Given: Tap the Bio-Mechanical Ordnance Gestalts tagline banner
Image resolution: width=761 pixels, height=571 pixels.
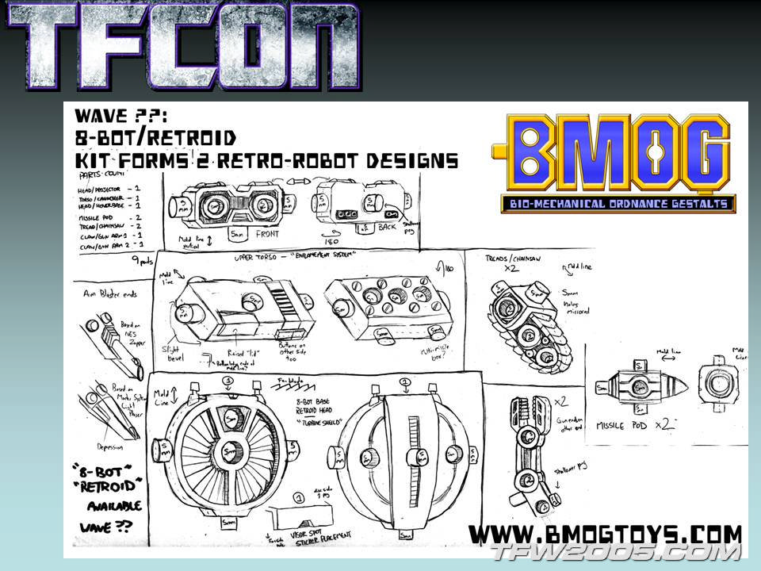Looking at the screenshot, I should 618,204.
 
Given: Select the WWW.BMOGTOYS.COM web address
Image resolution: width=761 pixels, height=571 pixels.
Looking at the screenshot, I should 606,533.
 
